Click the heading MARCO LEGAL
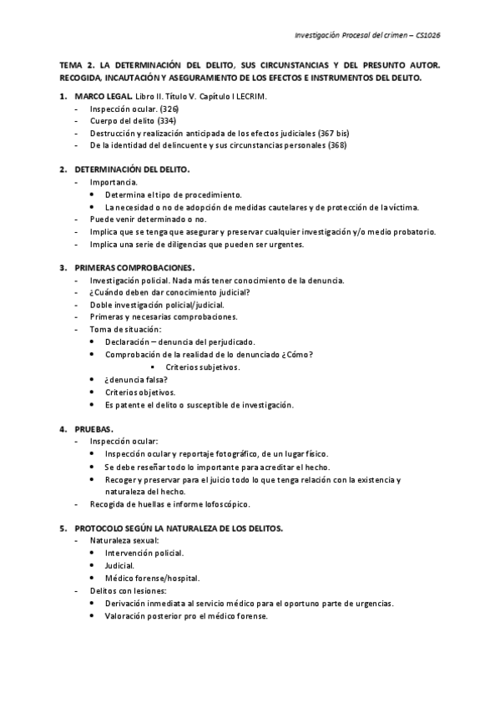(102, 97)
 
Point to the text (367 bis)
(332, 133)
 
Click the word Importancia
(114, 182)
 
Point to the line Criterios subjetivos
(203, 367)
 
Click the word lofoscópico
(224, 503)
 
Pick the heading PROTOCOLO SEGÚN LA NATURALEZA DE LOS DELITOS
(179, 528)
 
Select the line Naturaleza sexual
(124, 541)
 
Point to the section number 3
(63, 267)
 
